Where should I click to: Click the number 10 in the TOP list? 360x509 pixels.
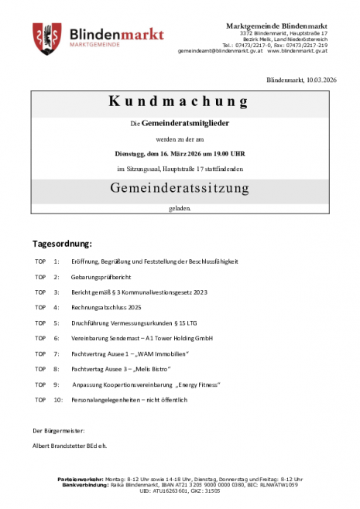tap(58, 400)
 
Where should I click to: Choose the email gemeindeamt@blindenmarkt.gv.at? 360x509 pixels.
tap(219, 51)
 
